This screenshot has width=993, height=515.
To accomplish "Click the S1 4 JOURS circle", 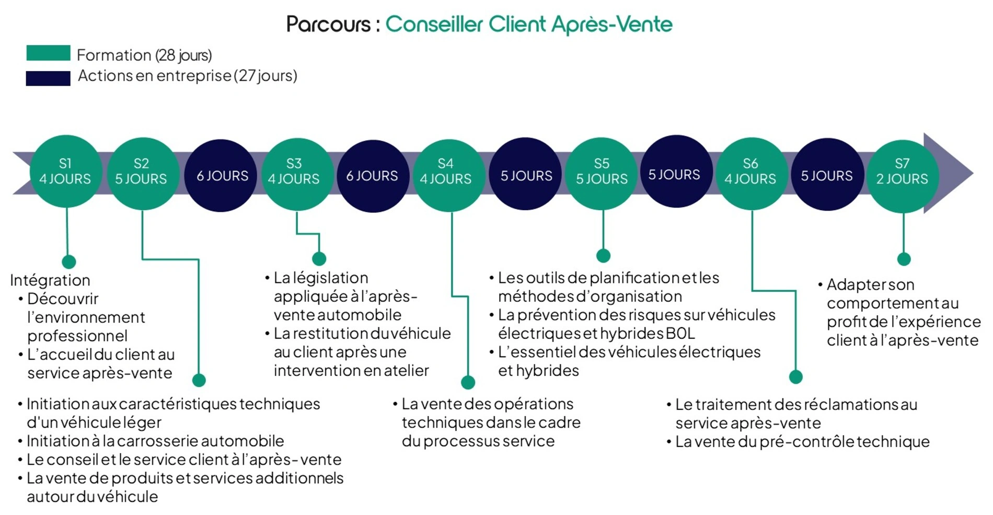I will tap(65, 171).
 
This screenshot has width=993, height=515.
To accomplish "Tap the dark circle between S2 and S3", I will tap(222, 176).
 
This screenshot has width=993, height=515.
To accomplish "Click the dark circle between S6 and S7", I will tap(827, 175).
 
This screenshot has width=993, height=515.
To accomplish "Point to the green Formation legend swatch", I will tap(48, 53).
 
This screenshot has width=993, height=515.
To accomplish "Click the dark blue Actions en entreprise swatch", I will tap(48, 78).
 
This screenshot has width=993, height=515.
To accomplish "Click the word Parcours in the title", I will tap(328, 25).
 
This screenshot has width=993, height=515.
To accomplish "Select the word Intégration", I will tap(50, 280).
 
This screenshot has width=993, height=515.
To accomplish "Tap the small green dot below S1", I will tap(68, 261).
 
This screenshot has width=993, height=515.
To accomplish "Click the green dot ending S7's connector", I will tap(904, 259).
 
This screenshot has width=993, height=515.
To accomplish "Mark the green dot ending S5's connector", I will tap(603, 256).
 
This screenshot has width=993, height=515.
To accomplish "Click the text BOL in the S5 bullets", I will tap(680, 334).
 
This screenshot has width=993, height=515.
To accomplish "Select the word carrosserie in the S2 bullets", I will tap(157, 441).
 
